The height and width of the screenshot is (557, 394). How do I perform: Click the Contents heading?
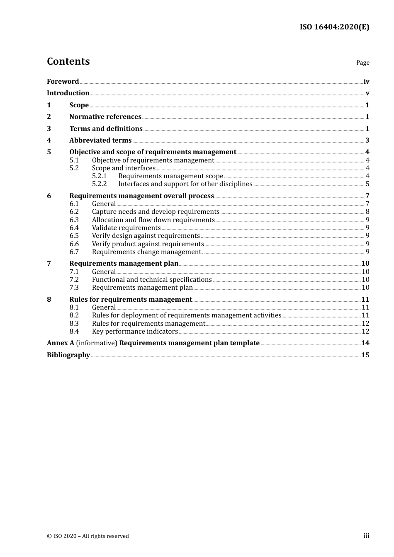(68, 61)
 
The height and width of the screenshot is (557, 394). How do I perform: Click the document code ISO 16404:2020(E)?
(334, 27)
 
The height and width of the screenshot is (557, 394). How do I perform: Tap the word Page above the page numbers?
(362, 63)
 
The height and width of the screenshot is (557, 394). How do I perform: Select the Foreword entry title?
(63, 82)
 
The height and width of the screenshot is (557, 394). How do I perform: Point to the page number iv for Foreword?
(366, 82)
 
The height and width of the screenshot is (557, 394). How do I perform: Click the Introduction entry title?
(68, 93)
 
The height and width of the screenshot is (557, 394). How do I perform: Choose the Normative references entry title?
(105, 117)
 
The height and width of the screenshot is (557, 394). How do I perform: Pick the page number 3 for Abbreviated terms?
(367, 140)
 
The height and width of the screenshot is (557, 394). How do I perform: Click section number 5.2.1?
(99, 176)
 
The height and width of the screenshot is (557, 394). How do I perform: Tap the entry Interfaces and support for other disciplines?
(185, 184)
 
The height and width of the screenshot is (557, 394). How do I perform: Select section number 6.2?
(74, 212)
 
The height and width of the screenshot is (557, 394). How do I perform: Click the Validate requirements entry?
(126, 228)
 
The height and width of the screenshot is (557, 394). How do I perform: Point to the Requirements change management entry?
(146, 252)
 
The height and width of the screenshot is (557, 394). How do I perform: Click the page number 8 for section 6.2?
(367, 212)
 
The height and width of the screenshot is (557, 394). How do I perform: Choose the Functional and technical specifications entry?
(152, 280)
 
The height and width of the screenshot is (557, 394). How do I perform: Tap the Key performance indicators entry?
(135, 332)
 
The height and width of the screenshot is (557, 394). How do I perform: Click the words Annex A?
(61, 343)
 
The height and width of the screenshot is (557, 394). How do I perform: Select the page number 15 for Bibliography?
(365, 355)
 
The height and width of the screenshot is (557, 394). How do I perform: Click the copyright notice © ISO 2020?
(88, 536)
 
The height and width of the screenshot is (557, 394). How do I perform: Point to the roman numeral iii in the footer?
(366, 536)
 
